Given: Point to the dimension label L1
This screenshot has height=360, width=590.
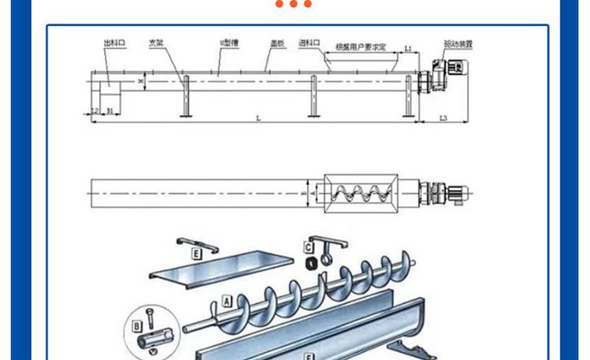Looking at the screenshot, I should point(408,49).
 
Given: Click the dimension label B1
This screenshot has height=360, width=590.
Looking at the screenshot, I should point(110,111).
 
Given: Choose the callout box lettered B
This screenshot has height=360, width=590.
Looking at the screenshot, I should point(137,325).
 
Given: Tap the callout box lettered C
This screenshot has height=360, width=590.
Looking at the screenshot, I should point(309,247).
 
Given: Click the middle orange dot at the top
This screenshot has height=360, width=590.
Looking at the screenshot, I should point(295,4).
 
